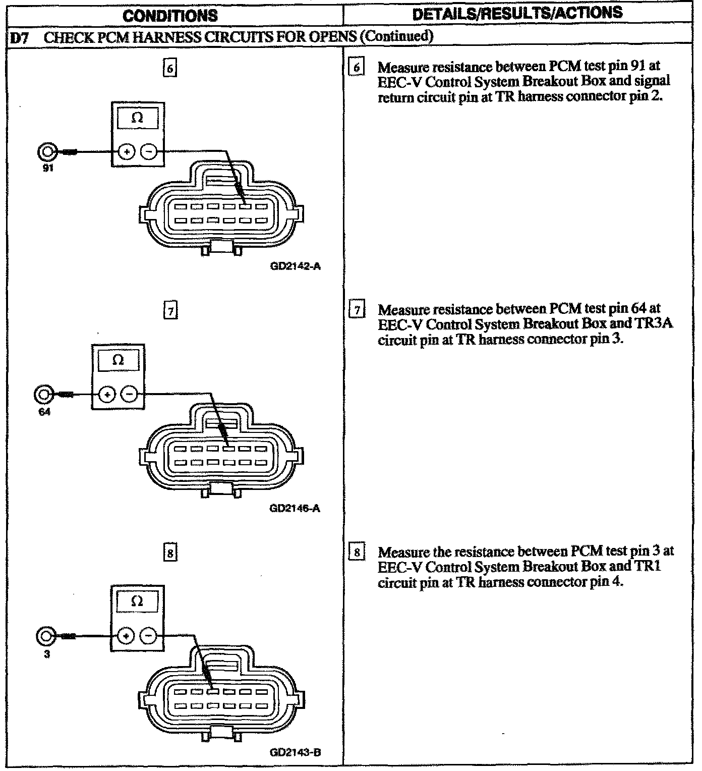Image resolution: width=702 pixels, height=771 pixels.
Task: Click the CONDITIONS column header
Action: coord(170,15)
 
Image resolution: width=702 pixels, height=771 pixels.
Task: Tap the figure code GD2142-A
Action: coord(295,266)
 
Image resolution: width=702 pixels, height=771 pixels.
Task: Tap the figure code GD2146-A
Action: coord(295,508)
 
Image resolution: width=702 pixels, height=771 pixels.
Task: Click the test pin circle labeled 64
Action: coord(43,394)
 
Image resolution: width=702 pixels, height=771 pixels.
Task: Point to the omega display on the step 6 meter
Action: coord(137,119)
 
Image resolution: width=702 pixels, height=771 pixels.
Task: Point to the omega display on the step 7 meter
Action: coord(118,360)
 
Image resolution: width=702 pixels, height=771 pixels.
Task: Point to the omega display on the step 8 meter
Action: coord(137,601)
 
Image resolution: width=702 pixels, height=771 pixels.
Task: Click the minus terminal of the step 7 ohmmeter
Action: coord(130,394)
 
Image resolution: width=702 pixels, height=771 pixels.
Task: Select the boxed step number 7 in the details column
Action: coord(357,309)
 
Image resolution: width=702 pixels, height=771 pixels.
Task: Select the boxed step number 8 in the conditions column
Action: coord(170,553)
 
